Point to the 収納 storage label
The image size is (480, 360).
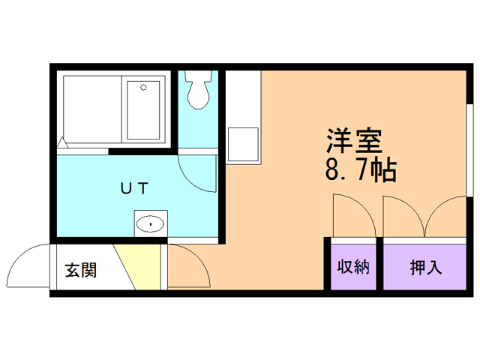point(353,267)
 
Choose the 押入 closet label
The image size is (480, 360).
point(425,267)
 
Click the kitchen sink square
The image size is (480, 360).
point(244,143)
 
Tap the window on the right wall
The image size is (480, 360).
point(467,146)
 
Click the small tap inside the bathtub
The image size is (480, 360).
point(144,87)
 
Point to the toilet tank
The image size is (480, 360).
point(199,76)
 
